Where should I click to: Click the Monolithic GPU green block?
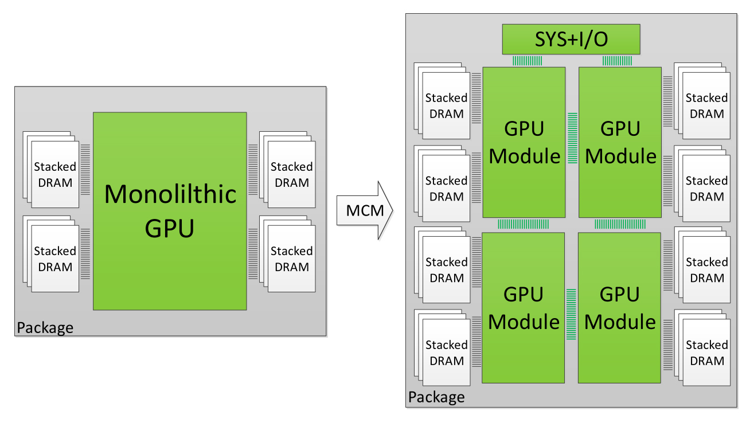click(170, 211)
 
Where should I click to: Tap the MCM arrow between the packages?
click(365, 210)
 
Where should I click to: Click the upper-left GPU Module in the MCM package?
click(524, 142)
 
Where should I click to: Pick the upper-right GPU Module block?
click(620, 142)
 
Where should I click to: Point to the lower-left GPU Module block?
click(524, 307)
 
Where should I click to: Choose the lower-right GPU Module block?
click(620, 307)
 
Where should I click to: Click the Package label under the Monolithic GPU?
click(45, 328)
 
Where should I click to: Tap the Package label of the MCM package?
click(436, 397)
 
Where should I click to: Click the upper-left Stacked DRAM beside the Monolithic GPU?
click(54, 174)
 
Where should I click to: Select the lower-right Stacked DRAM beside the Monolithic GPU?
click(291, 258)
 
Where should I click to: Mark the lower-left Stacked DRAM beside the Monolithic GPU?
click(54, 258)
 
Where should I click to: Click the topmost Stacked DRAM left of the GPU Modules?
click(446, 105)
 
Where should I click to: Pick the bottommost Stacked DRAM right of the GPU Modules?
click(706, 352)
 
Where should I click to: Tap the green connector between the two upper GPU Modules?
click(572, 138)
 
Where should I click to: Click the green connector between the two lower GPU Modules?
click(572, 314)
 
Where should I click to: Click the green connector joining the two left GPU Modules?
click(524, 225)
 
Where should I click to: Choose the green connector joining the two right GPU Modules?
click(620, 225)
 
